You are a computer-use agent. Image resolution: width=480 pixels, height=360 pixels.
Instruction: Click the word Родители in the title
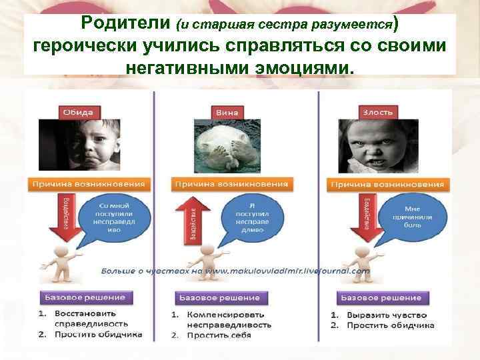pyautogui.click(x=126, y=25)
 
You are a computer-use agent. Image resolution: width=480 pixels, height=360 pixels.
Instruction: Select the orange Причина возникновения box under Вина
pyautogui.click(x=231, y=183)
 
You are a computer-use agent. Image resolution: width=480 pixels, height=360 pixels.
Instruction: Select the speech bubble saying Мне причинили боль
pyautogui.click(x=417, y=216)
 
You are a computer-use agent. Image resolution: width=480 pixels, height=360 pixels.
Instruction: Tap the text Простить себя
pyautogui.click(x=219, y=335)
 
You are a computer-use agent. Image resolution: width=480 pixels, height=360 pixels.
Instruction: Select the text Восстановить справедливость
pyautogui.click(x=85, y=319)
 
